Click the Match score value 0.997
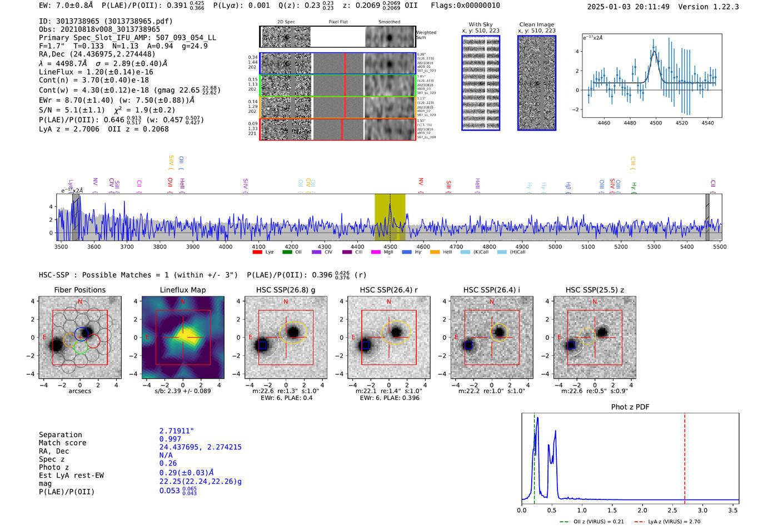coord(170,439)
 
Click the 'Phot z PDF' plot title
coord(630,407)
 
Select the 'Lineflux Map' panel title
coord(183,290)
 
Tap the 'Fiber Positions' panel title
coord(79,290)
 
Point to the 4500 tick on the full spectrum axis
coord(390,247)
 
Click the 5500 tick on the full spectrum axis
coord(720,247)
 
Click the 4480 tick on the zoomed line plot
coord(630,123)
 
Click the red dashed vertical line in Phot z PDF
coord(685,456)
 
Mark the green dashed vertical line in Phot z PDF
coord(535,456)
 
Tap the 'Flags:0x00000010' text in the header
coord(465,6)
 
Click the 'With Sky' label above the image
coord(481,24)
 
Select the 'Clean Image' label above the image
coord(536,24)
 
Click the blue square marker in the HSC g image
coord(263,345)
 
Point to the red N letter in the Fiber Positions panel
coord(80,302)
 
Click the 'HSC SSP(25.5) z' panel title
coord(595,290)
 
